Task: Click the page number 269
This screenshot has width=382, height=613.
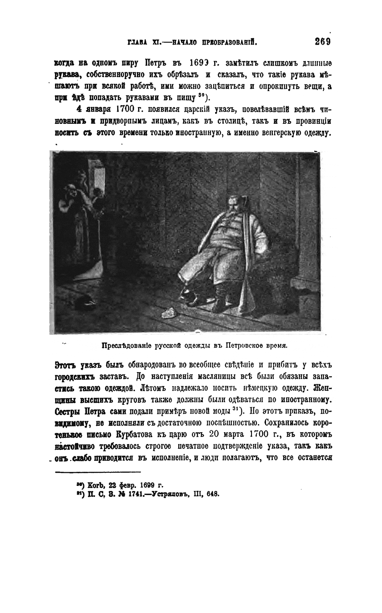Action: point(322,42)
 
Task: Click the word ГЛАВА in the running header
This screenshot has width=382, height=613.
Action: point(139,43)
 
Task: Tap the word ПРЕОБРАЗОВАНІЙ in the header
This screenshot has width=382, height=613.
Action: point(225,43)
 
